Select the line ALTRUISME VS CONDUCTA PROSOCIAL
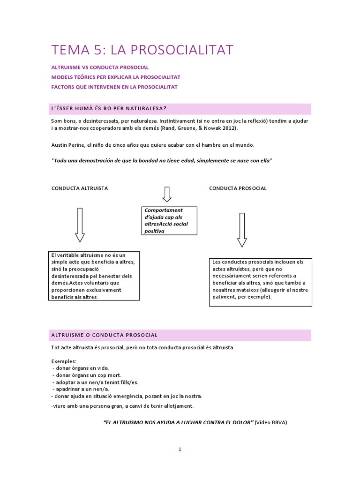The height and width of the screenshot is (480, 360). pyautogui.click(x=100, y=67)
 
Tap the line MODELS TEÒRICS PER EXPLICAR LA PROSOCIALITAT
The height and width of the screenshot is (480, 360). pyautogui.click(x=116, y=77)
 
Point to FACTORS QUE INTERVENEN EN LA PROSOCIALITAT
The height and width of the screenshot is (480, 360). pyautogui.click(x=114, y=87)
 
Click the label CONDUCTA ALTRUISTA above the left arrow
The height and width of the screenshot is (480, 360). pyautogui.click(x=79, y=188)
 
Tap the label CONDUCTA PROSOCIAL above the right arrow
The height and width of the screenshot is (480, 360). pyautogui.click(x=238, y=188)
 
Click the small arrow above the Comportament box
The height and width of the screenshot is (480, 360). pyautogui.click(x=166, y=194)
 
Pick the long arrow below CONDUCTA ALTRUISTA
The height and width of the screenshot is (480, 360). pyautogui.click(x=80, y=225)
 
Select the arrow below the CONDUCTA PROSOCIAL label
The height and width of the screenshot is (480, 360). pyautogui.click(x=242, y=230)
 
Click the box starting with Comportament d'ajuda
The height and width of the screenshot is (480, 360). pyautogui.click(x=169, y=221)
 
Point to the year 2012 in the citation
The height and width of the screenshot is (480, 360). pyautogui.click(x=228, y=128)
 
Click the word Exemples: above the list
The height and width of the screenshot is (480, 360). pyautogui.click(x=63, y=361)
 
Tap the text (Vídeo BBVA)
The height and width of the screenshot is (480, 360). pyautogui.click(x=271, y=422)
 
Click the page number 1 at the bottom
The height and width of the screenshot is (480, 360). pyautogui.click(x=180, y=449)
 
